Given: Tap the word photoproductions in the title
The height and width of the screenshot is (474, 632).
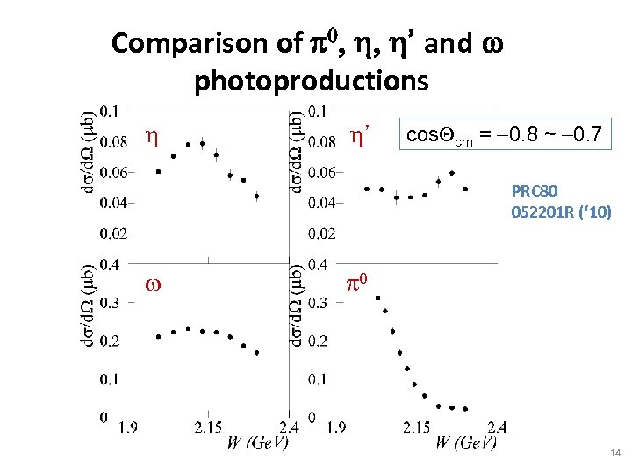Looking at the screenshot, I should (x=311, y=81).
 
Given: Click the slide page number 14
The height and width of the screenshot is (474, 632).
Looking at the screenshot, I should (x=614, y=453).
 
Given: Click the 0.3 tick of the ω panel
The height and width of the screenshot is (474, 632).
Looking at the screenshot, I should (x=111, y=303).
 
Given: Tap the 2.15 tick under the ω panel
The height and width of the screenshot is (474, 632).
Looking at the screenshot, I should (x=207, y=427).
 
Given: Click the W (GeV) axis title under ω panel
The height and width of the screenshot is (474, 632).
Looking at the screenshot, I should (x=255, y=442).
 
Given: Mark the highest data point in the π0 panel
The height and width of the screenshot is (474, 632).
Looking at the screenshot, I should (x=377, y=298).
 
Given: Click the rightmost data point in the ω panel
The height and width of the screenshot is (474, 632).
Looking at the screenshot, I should (x=256, y=353).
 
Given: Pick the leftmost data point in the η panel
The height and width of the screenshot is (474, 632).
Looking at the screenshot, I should (x=158, y=172).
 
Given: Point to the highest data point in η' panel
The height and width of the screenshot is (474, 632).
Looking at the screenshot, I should (x=452, y=173).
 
